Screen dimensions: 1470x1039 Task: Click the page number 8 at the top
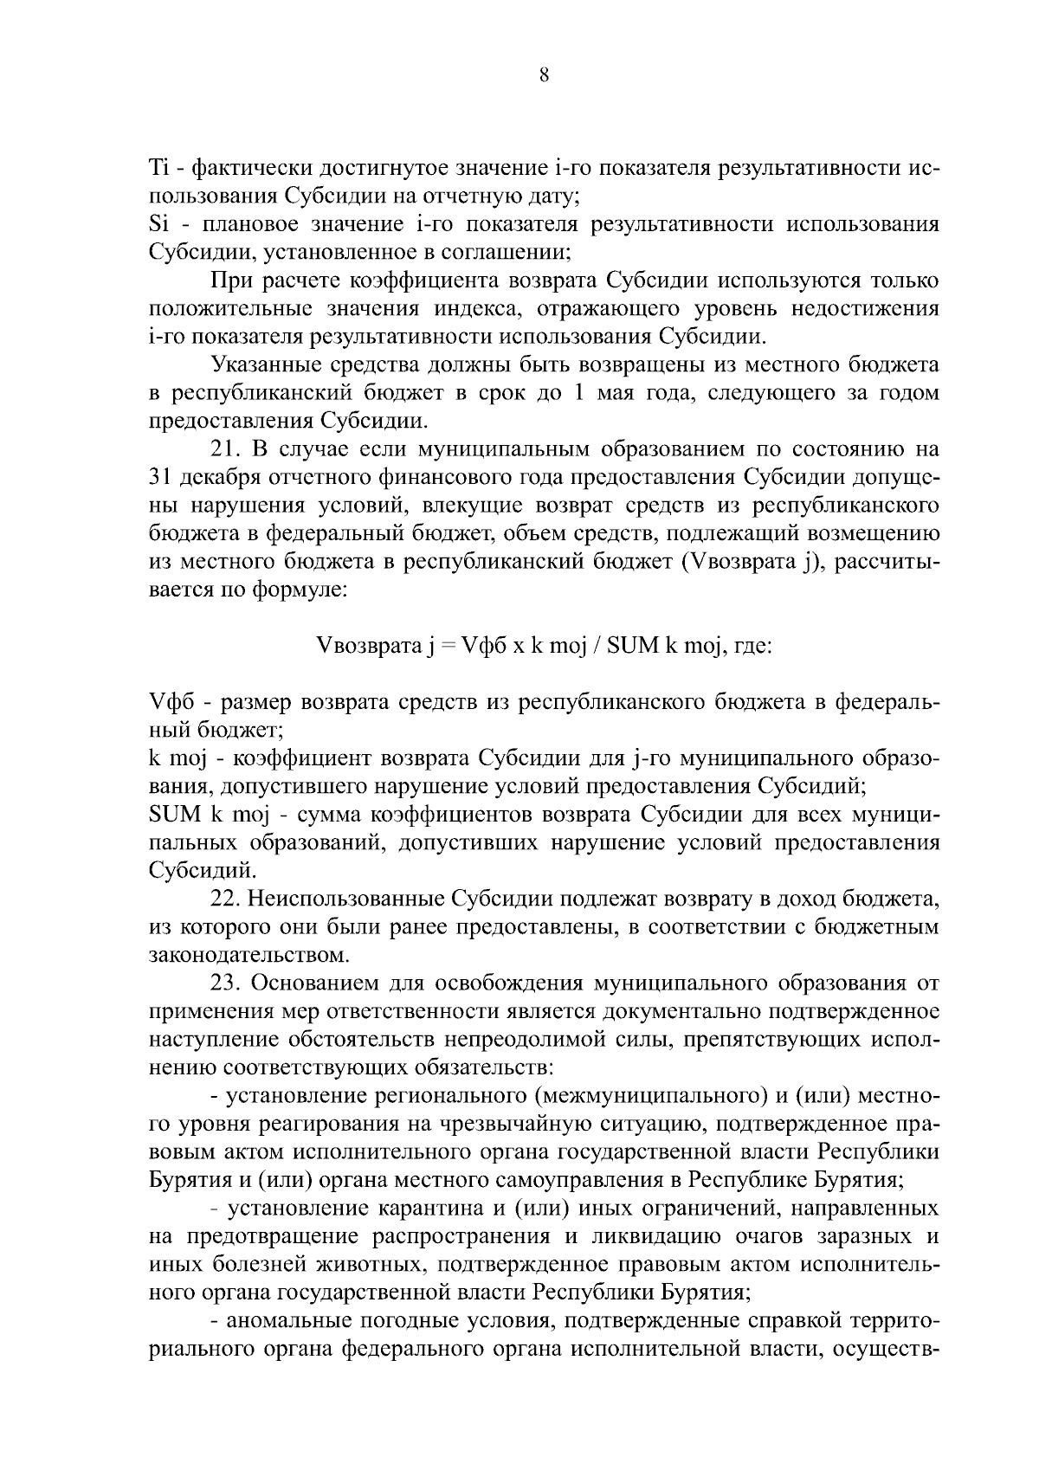[x=544, y=75]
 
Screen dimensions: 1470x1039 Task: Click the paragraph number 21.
[x=225, y=450]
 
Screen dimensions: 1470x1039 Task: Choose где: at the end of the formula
[x=752, y=646]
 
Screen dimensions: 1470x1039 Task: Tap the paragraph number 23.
[x=225, y=984]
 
